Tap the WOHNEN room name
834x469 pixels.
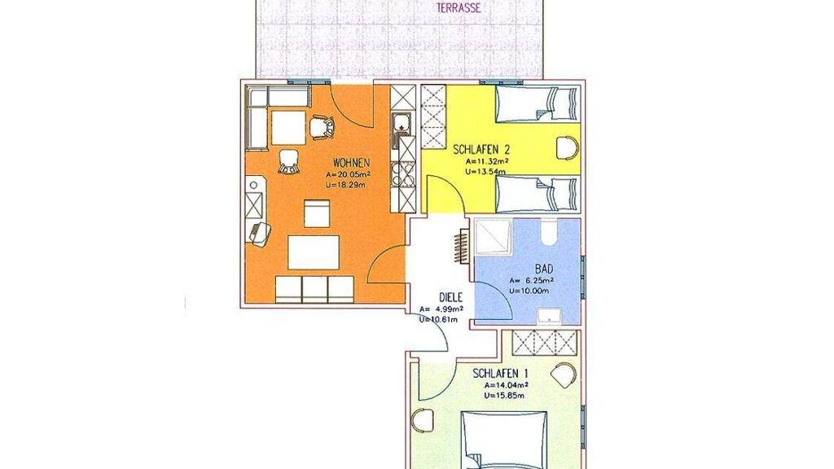point(352,162)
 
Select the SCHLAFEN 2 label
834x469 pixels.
point(482,150)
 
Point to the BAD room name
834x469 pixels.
point(544,269)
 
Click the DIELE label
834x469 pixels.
point(450,298)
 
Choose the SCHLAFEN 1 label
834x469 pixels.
point(501,374)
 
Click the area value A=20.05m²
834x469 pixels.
point(349,174)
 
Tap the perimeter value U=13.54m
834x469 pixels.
point(486,171)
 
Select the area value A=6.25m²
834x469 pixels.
point(532,281)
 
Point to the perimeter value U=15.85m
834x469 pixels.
point(505,395)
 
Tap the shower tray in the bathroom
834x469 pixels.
point(493,236)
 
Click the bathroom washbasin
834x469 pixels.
point(549,316)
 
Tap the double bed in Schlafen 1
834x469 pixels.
point(503,440)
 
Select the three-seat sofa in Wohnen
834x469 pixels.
point(314,289)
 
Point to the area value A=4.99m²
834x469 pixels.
point(441,309)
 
